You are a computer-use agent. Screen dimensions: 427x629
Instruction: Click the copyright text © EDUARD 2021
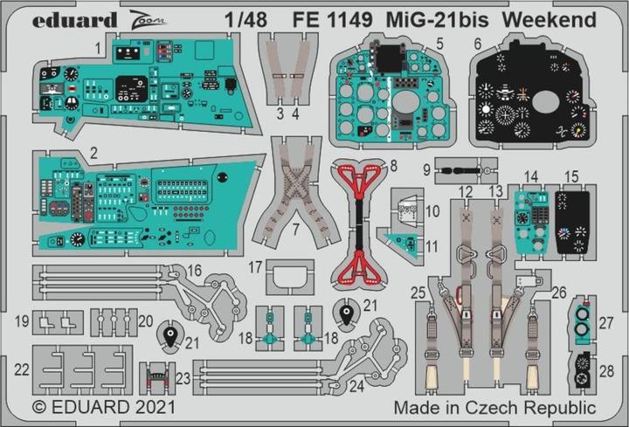click(103, 407)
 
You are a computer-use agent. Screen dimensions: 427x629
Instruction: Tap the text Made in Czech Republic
click(494, 407)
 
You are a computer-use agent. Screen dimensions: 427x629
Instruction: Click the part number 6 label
click(502, 43)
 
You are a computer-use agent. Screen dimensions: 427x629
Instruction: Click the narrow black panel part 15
click(571, 219)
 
